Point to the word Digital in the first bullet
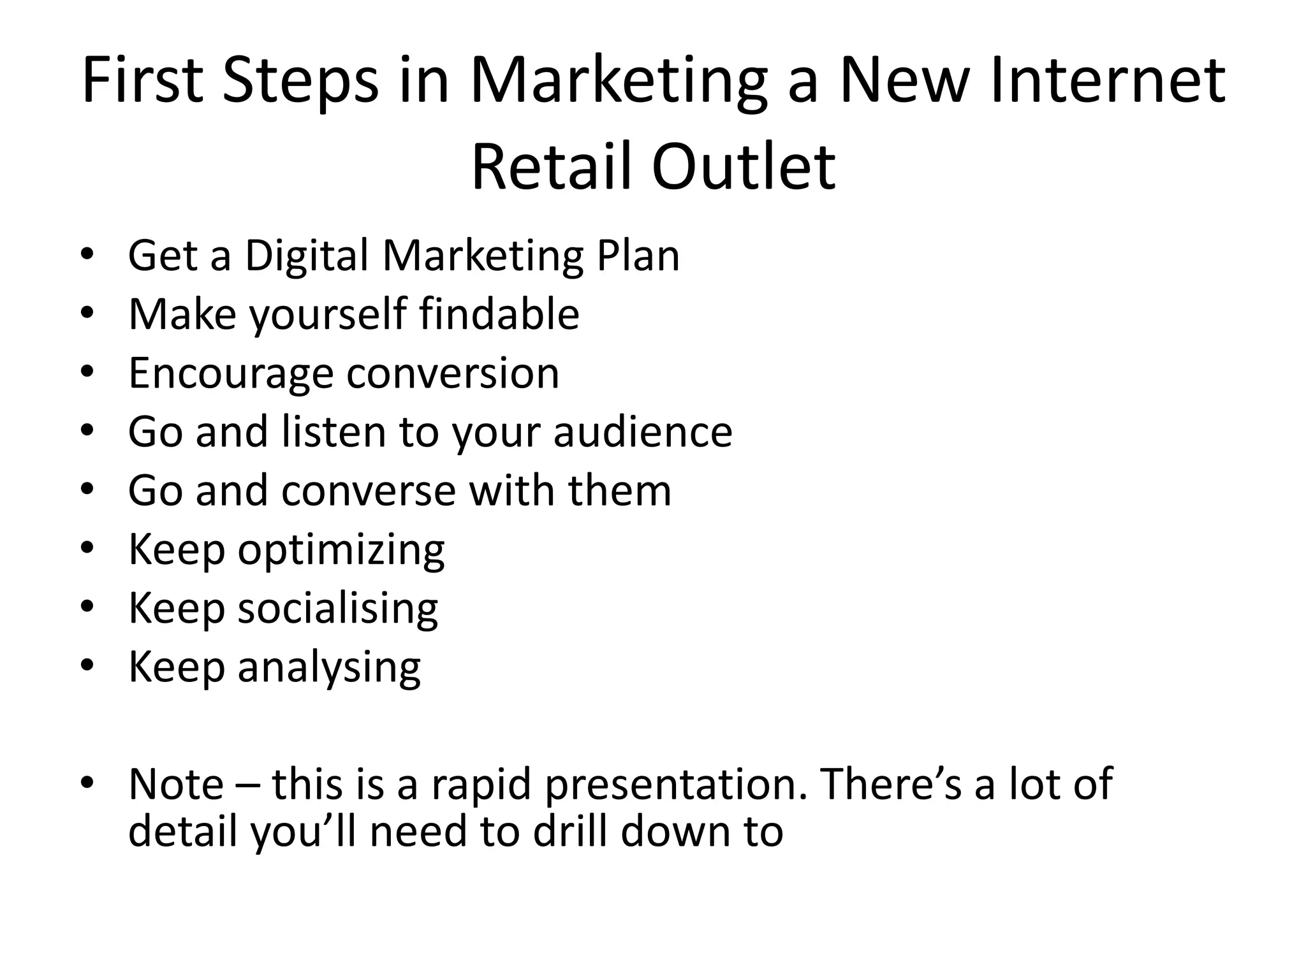click(307, 256)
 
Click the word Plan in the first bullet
click(638, 256)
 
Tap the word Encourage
click(231, 374)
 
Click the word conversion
click(453, 374)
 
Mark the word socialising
click(338, 609)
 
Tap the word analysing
click(329, 668)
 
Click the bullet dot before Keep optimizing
click(87, 548)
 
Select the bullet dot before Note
click(87, 782)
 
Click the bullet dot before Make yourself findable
click(87, 312)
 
